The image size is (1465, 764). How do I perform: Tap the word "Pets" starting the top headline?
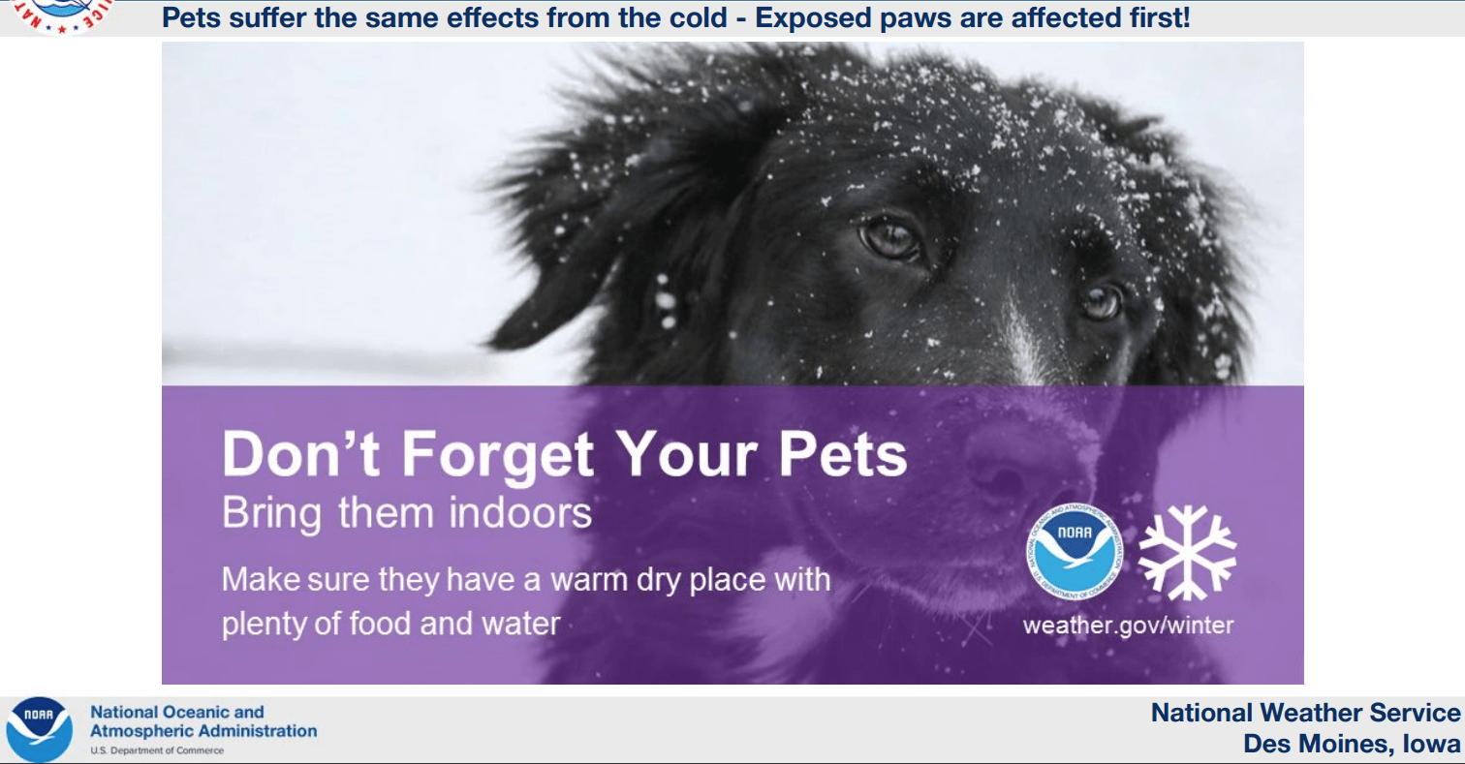click(x=191, y=17)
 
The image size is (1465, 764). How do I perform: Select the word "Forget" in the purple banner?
click(x=497, y=455)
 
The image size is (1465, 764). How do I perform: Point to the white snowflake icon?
click(x=1187, y=553)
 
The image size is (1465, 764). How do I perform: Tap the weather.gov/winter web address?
click(x=1128, y=625)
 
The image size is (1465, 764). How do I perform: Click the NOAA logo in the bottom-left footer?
click(x=39, y=729)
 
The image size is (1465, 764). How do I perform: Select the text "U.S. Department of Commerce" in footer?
click(x=157, y=750)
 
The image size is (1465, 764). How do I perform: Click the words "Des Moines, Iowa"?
click(x=1352, y=744)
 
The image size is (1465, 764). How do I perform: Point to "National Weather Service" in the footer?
click(x=1305, y=713)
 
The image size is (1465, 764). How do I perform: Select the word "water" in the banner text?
click(x=521, y=624)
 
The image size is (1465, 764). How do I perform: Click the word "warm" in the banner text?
click(x=589, y=580)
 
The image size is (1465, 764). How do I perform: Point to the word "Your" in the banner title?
click(x=686, y=454)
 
